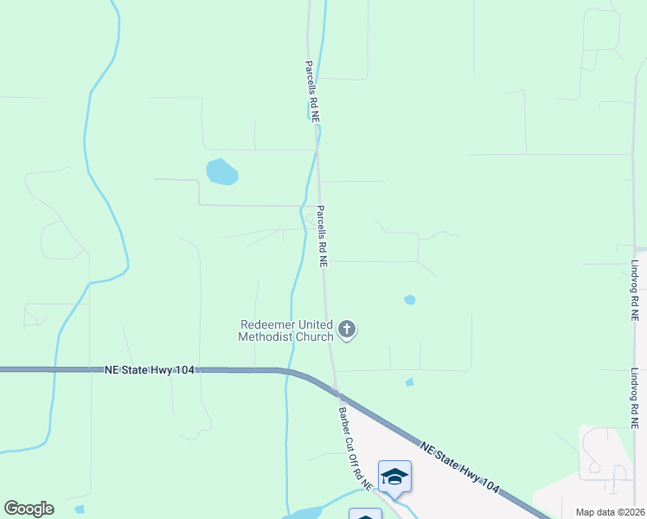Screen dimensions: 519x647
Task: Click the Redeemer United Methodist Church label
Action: [285, 330]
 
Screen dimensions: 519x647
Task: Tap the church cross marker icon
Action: [347, 329]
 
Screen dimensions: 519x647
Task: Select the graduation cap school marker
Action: [394, 477]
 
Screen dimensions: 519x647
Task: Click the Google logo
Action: [29, 509]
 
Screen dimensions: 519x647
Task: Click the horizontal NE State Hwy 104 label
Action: [149, 369]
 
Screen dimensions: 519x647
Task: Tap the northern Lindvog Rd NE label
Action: [634, 292]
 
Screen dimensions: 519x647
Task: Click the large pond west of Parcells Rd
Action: [221, 172]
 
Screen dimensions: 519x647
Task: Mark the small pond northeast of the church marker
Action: [409, 300]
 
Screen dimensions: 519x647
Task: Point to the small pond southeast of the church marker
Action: [409, 381]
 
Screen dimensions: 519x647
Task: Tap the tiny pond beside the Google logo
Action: [80, 509]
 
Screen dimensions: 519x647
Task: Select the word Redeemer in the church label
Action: [266, 325]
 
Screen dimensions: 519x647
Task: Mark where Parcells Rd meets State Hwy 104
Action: [335, 387]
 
